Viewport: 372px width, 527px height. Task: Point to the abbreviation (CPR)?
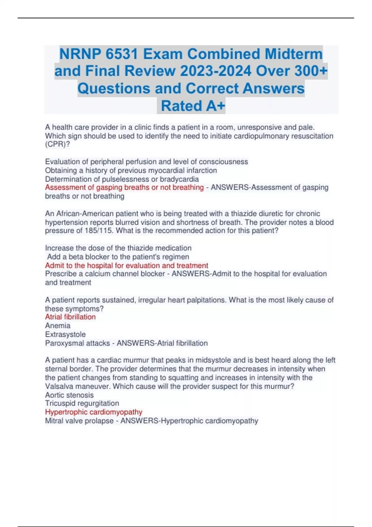coord(57,144)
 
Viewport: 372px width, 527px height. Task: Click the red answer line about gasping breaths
coord(124,188)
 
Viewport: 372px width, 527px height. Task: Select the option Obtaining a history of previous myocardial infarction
coord(131,170)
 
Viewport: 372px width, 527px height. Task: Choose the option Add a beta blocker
coord(118,257)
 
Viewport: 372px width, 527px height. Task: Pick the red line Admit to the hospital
coord(126,265)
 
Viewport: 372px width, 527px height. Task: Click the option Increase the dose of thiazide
coord(118,248)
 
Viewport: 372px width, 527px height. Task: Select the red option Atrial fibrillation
coord(70,317)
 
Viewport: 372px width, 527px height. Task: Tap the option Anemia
coord(58,325)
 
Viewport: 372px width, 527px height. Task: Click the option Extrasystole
coord(65,334)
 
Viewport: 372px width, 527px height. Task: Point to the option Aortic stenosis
coord(69,395)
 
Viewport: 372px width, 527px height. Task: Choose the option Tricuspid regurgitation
coord(82,403)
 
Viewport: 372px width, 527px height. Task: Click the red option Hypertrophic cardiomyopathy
coord(94,412)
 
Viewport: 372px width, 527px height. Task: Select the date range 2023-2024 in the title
coord(216,71)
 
